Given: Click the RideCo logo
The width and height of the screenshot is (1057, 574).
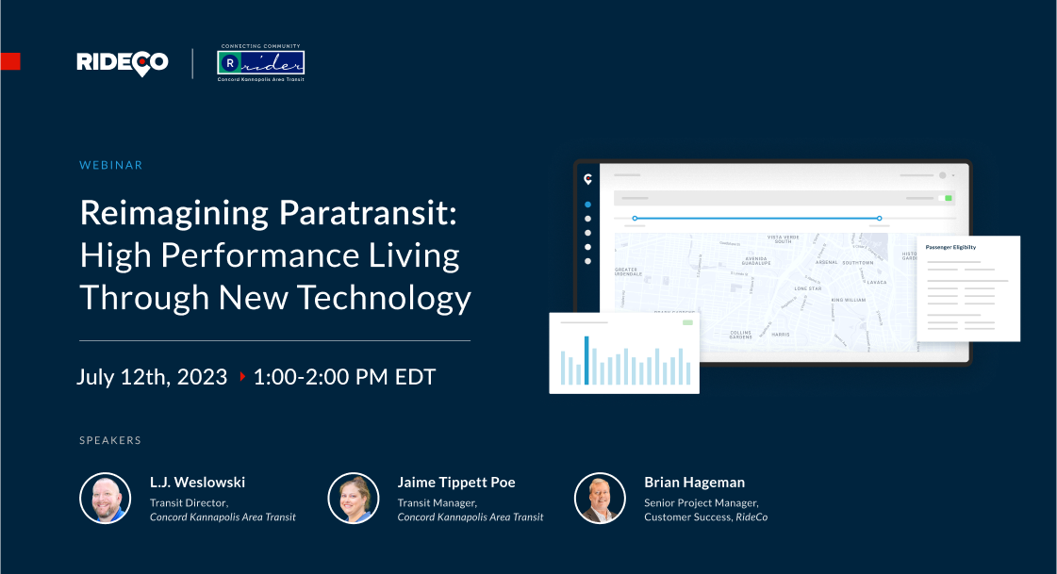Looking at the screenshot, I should (x=123, y=62).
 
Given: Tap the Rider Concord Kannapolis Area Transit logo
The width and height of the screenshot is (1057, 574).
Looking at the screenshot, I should (x=260, y=63).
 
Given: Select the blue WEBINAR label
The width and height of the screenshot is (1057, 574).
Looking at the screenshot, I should (x=111, y=165).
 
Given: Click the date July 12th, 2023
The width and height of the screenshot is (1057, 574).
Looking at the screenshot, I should (x=152, y=377).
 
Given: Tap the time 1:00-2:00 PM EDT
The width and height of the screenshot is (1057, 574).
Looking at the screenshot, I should (x=344, y=377).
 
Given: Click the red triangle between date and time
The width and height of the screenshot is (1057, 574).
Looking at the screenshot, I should (x=241, y=377).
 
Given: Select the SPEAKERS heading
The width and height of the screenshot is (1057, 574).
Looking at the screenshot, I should (x=110, y=440).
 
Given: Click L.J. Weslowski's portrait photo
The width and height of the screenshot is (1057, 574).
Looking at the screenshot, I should (x=106, y=498).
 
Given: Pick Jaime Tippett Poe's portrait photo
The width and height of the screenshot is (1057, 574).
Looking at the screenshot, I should (x=353, y=498).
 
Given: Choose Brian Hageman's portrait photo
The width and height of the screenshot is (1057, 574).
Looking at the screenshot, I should (x=600, y=498).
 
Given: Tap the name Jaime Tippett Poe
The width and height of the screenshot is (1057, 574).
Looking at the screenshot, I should (x=456, y=483).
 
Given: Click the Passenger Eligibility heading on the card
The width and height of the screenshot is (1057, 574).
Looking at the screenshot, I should (x=950, y=247).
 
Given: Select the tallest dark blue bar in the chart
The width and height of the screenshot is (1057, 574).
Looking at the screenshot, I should (x=586, y=360).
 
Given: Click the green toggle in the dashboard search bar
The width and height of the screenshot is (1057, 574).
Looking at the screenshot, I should (x=949, y=198).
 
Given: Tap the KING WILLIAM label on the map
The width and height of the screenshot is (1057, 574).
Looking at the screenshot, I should (x=849, y=301).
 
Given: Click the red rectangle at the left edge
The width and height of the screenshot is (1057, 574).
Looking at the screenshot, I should (x=9, y=62).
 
